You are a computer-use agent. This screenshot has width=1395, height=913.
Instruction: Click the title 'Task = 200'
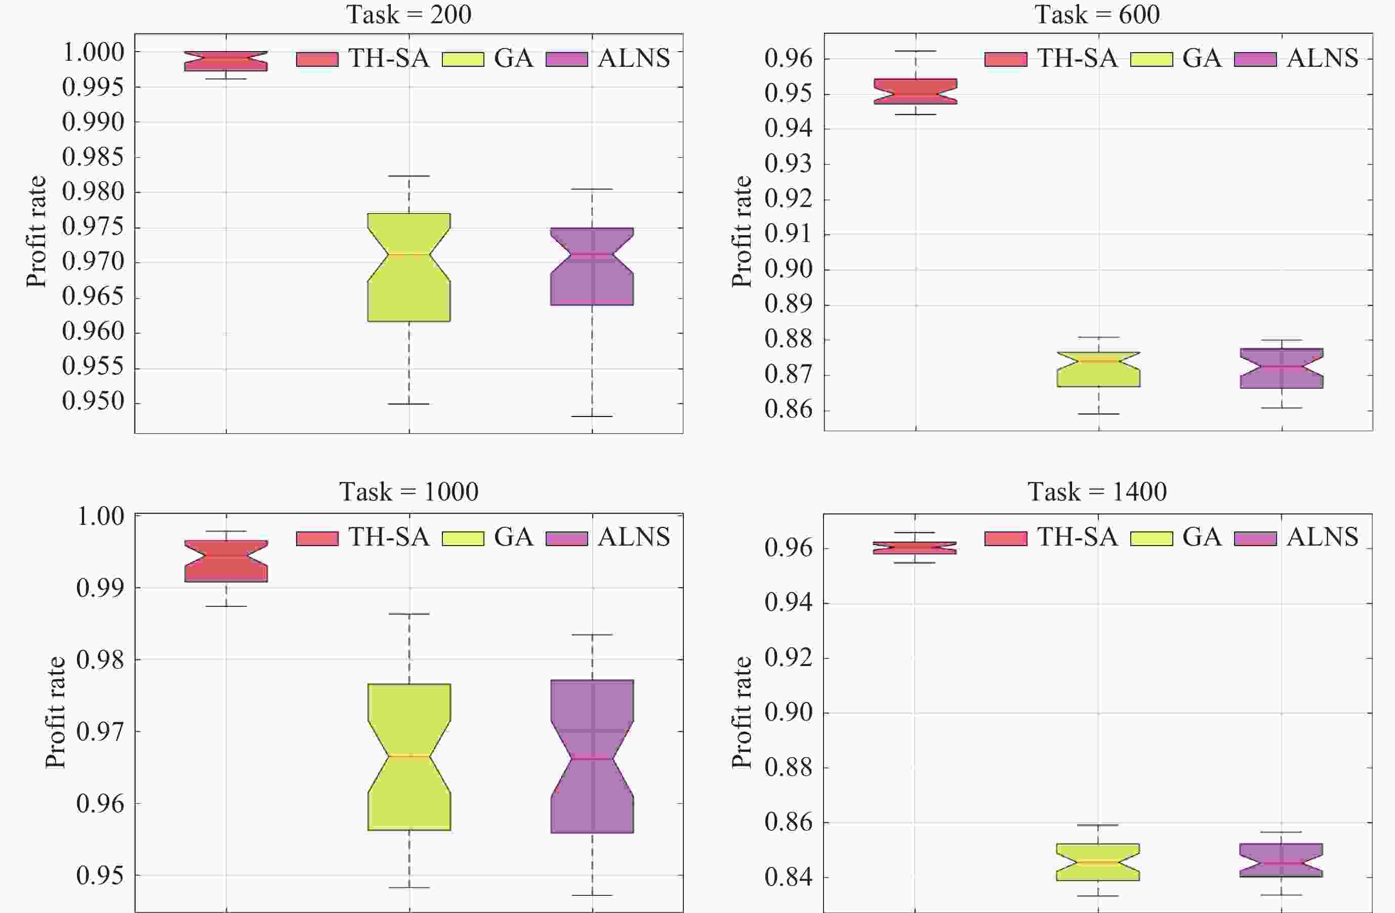(x=408, y=14)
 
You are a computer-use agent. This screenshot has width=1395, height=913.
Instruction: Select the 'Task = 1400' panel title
(x=1097, y=491)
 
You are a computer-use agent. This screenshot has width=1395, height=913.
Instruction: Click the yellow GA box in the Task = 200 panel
(x=408, y=267)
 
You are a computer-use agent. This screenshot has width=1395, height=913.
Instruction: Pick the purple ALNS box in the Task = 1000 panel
(x=592, y=756)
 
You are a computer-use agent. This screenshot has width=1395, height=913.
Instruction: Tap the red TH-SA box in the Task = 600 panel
(x=915, y=92)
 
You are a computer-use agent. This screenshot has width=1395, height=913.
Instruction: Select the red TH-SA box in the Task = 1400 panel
(x=914, y=548)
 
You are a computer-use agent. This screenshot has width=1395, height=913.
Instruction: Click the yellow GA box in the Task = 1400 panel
(x=1098, y=862)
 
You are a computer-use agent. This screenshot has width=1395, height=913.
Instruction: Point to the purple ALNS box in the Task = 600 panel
(x=1281, y=368)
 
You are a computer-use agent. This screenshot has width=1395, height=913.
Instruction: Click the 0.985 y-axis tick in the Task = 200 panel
(x=93, y=157)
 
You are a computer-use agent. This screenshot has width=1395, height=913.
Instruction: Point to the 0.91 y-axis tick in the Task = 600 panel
(x=788, y=234)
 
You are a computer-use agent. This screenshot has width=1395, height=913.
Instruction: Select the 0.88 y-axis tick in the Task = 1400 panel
(x=788, y=768)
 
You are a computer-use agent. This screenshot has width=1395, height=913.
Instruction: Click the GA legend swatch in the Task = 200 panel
(x=463, y=59)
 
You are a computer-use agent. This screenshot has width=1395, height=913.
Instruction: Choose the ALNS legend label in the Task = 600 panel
(x=1322, y=58)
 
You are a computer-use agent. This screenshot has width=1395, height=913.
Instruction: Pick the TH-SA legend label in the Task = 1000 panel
(x=389, y=537)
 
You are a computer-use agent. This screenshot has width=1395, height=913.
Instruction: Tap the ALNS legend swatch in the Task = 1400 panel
(x=1255, y=538)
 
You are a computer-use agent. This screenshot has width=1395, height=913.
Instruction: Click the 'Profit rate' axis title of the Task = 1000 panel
(x=55, y=712)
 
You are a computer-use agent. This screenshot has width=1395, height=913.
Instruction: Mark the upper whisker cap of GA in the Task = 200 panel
(x=408, y=176)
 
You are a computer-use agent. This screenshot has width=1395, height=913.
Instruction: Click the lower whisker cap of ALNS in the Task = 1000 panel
(x=592, y=895)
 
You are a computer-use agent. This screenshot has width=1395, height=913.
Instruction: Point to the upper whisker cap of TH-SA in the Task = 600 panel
(x=915, y=51)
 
